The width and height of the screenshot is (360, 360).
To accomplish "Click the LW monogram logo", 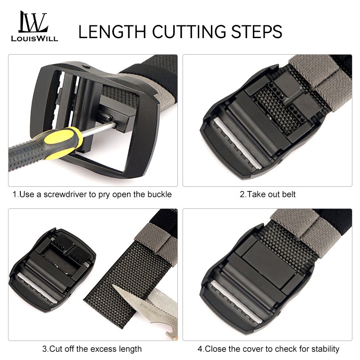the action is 33,22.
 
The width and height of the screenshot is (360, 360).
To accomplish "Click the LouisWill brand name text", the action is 34,39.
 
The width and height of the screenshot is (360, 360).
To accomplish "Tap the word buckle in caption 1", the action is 160,194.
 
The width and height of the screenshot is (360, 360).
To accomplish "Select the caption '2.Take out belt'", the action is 268,194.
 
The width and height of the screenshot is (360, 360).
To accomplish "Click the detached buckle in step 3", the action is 53,270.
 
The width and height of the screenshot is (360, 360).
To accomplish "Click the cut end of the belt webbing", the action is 108,312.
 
